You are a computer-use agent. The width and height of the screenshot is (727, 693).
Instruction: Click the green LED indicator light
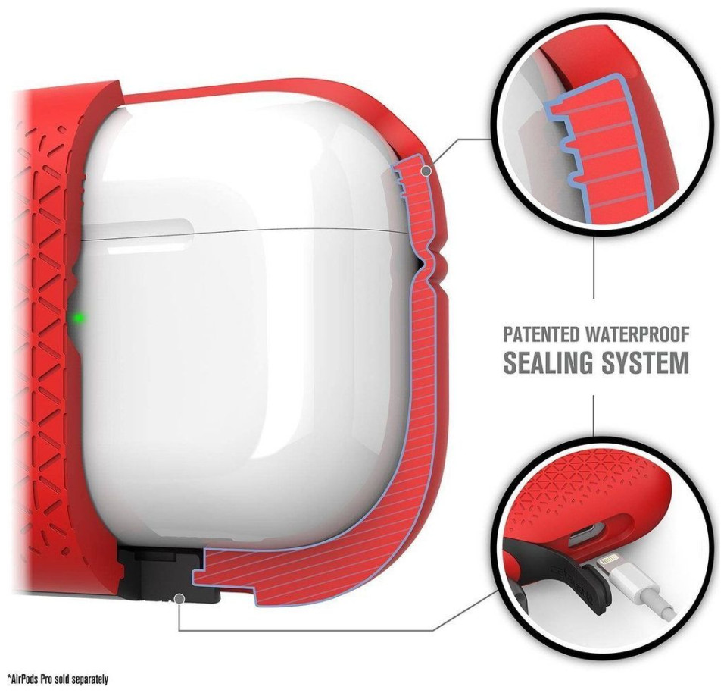(x=80, y=318)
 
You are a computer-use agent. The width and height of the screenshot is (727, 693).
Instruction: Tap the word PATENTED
(x=541, y=334)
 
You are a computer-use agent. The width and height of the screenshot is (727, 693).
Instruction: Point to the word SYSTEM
(x=645, y=362)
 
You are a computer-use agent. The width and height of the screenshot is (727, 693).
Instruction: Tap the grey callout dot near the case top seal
(x=426, y=171)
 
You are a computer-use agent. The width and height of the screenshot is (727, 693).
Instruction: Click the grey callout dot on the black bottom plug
(x=179, y=599)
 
